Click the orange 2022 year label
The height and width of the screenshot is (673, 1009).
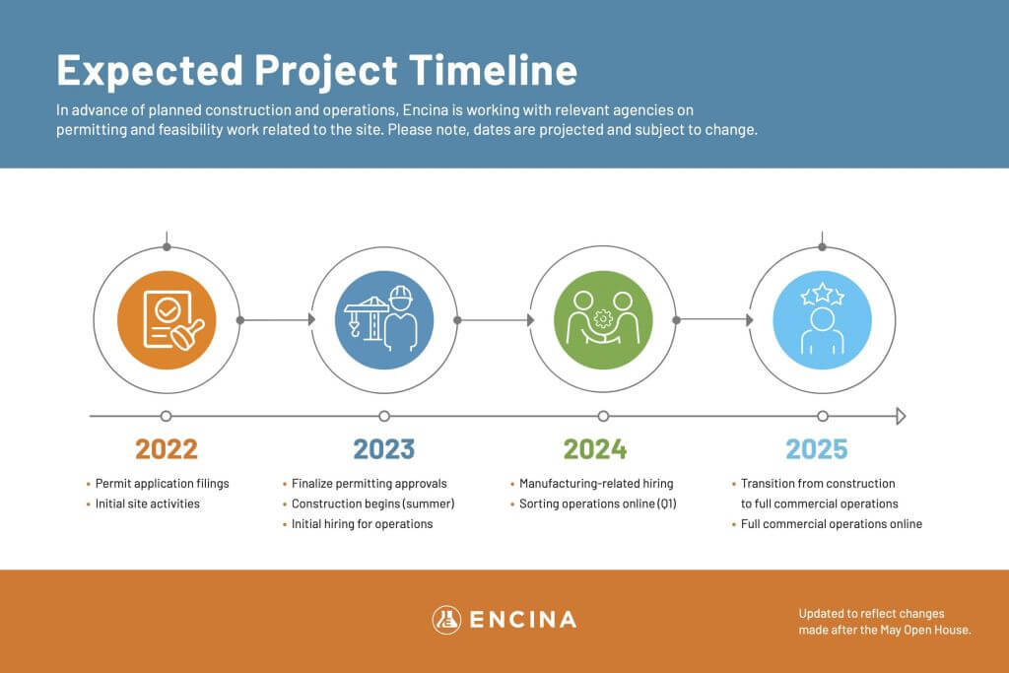(x=166, y=449)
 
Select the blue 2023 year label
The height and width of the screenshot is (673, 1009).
(x=384, y=449)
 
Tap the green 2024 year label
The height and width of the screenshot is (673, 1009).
(x=595, y=449)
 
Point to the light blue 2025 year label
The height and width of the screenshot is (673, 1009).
(x=817, y=449)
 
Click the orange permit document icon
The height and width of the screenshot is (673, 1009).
(x=167, y=320)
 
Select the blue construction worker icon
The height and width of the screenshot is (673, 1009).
(x=384, y=320)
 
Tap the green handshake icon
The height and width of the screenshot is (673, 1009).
(x=603, y=320)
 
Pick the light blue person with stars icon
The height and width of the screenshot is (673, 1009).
(x=823, y=320)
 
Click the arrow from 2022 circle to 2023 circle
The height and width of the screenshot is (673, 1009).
(x=277, y=320)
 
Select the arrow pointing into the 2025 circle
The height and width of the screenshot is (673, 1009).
(x=714, y=320)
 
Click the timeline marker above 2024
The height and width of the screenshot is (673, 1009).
(x=603, y=416)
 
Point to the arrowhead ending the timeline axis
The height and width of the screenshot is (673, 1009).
(x=901, y=416)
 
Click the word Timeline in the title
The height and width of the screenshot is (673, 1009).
(x=493, y=70)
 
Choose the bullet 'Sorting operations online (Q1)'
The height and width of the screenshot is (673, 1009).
(x=594, y=504)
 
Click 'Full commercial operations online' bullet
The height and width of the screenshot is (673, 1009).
(x=828, y=524)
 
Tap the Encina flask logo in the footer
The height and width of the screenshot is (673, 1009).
(x=446, y=620)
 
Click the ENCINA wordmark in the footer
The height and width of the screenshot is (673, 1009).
(x=523, y=620)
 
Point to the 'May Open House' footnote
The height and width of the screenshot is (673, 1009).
(x=885, y=622)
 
